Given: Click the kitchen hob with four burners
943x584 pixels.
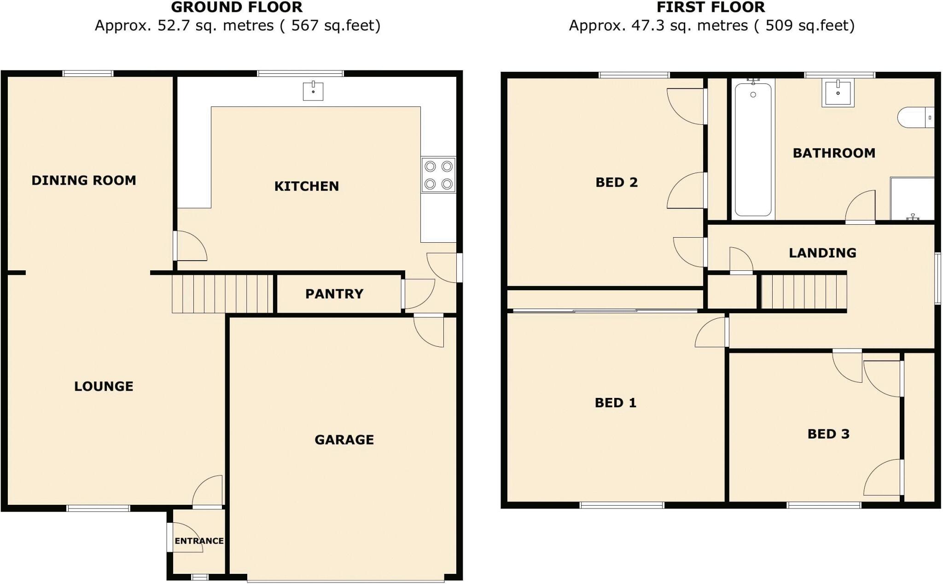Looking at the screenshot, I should (438, 175).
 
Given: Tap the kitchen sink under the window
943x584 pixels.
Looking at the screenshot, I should (313, 91).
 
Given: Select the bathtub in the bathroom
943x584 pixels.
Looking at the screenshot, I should (753, 149).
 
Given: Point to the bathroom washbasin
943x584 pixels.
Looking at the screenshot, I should (838, 93).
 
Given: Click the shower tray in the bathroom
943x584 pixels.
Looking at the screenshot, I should (912, 199).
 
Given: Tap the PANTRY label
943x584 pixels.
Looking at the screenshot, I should (334, 294).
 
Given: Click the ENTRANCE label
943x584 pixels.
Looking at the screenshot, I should (199, 541).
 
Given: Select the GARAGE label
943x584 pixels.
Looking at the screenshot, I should (344, 440).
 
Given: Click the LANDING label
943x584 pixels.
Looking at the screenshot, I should (822, 253).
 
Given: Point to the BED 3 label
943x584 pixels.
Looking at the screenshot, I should (828, 434).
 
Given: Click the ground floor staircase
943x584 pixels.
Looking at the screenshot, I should (223, 294).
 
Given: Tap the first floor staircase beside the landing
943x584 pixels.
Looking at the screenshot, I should (803, 292).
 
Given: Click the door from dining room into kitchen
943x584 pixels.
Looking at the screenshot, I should (190, 246).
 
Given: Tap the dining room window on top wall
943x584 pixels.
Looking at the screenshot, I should (88, 73).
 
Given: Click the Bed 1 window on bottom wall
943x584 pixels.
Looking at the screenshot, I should (622, 505).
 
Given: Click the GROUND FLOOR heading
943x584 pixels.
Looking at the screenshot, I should (237, 7).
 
